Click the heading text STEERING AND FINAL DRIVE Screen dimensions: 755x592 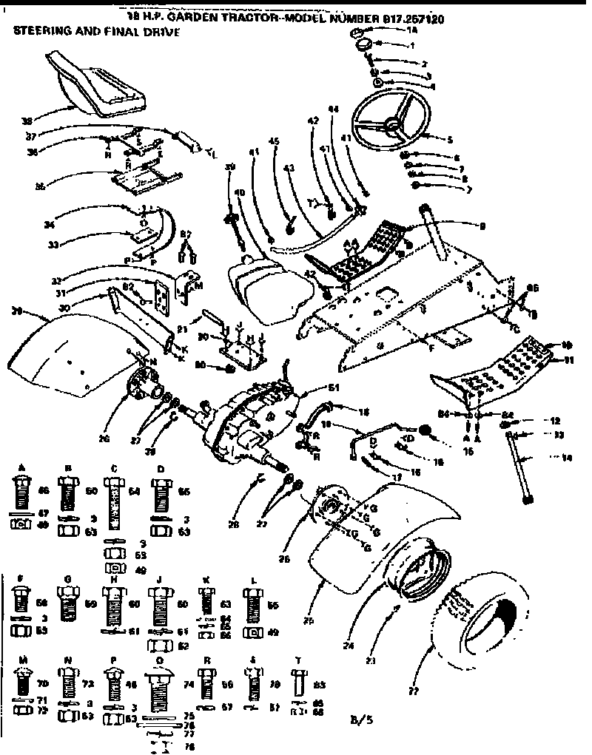click(96, 33)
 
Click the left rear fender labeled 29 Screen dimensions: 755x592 click(67, 354)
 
